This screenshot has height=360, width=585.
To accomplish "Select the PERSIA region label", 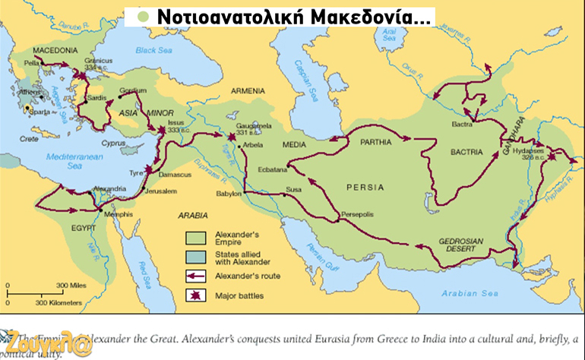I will coord(365,187).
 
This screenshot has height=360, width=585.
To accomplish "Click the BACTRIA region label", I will coord(466,152).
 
